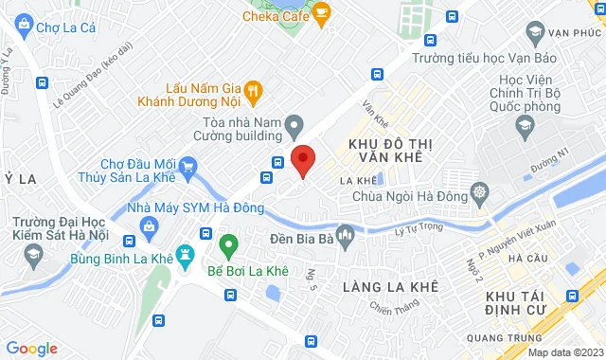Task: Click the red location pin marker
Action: [303, 160]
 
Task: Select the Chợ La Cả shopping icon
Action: [18, 28]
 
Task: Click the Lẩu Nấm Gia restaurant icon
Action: [253, 91]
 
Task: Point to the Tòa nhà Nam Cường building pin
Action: [295, 123]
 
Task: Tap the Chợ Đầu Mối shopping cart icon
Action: [187, 169]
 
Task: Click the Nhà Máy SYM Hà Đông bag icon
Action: [149, 225]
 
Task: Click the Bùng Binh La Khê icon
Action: [184, 256]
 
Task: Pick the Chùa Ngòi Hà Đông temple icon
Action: [481, 195]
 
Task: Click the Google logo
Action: [31, 348]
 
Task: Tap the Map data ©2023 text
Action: [564, 352]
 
